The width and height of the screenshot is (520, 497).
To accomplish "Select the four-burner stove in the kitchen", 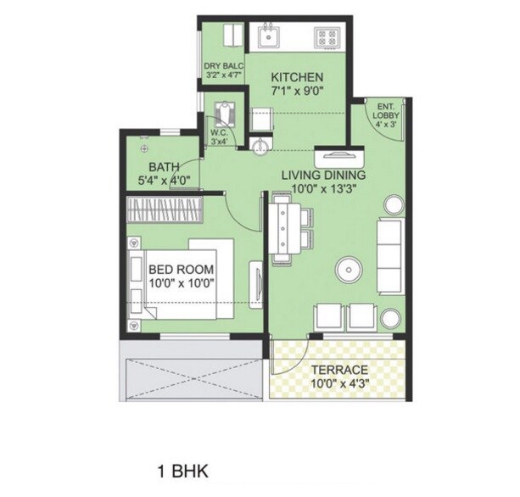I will click(327, 36).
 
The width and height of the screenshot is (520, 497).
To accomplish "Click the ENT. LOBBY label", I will click(390, 110).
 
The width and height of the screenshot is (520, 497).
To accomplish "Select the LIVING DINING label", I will click(320, 174).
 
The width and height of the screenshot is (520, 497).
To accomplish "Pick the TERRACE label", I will click(338, 370).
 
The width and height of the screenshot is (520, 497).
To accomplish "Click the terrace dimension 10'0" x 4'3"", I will click(338, 383).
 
